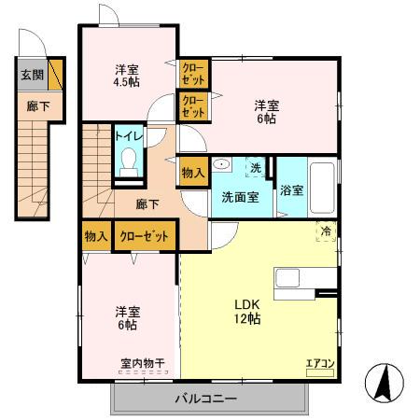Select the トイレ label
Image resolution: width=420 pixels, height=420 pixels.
point(128,135)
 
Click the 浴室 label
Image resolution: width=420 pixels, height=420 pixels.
point(291,189)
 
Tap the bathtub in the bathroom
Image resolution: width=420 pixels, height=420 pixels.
point(322,187)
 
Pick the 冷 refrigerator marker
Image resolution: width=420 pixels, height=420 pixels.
point(326,230)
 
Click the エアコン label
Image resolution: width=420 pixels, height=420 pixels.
point(319,363)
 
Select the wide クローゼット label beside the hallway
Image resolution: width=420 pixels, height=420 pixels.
point(144,236)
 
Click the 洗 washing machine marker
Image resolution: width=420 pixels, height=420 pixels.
point(255,168)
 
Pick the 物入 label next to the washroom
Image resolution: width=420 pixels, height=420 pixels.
point(192,173)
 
